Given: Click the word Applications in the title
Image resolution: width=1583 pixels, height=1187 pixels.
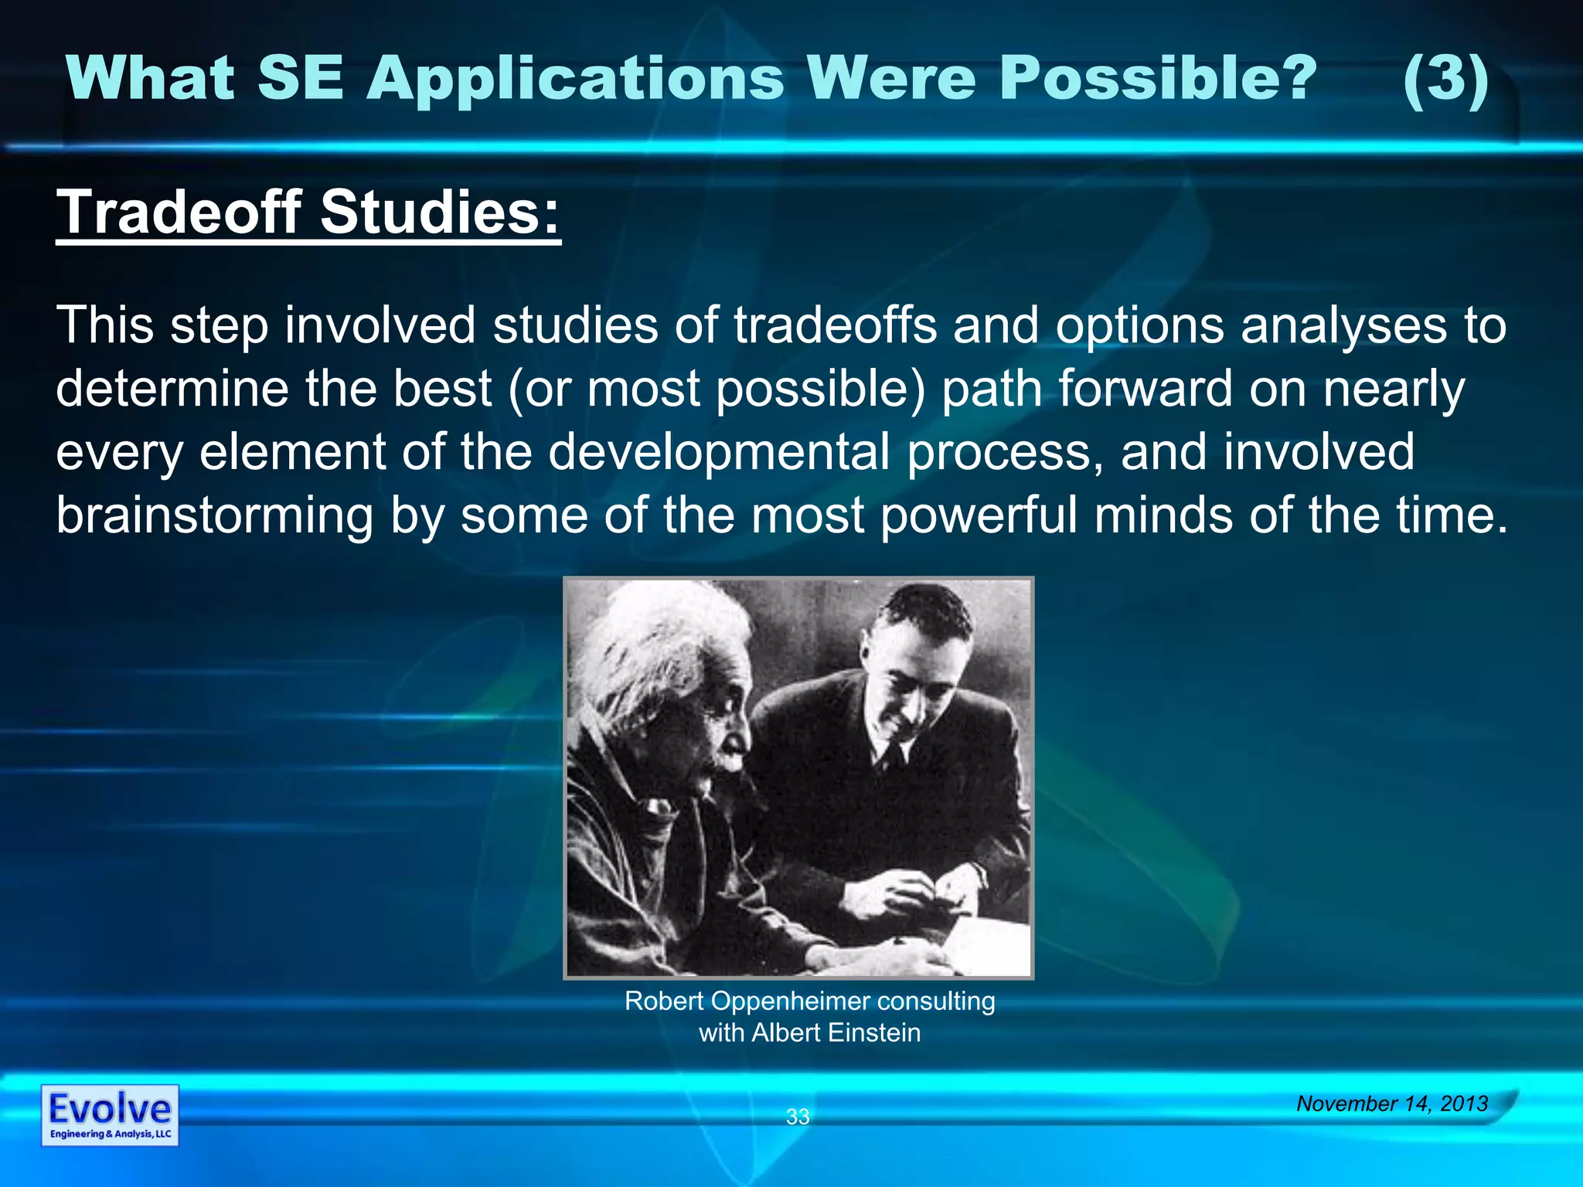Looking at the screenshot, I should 576,80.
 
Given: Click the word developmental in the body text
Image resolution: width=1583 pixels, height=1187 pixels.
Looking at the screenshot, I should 719,452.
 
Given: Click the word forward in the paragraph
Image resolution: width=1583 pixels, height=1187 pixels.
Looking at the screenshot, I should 1145,389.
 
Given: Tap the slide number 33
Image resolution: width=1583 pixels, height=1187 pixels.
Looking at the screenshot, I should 798,1116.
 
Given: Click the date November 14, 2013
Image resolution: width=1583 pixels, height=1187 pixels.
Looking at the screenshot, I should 1392,1104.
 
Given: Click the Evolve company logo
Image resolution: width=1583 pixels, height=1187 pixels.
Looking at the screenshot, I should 110,1114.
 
